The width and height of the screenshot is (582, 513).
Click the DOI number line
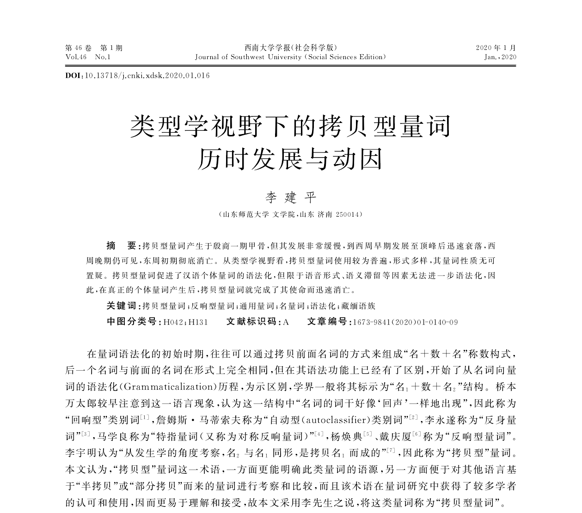[x=138, y=75]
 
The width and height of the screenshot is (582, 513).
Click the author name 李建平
[x=291, y=198]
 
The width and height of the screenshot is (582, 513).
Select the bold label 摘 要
[x=122, y=245]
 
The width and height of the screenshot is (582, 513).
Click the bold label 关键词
[x=122, y=306]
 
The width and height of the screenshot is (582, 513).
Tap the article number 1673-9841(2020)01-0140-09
[x=405, y=322]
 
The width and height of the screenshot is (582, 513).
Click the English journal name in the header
[x=290, y=57]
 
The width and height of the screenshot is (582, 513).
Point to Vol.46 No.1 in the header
[x=88, y=57]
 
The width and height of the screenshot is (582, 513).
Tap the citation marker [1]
[x=144, y=418]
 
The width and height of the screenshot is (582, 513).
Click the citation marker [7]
[x=391, y=449]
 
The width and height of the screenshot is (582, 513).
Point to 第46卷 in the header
[x=79, y=48]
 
